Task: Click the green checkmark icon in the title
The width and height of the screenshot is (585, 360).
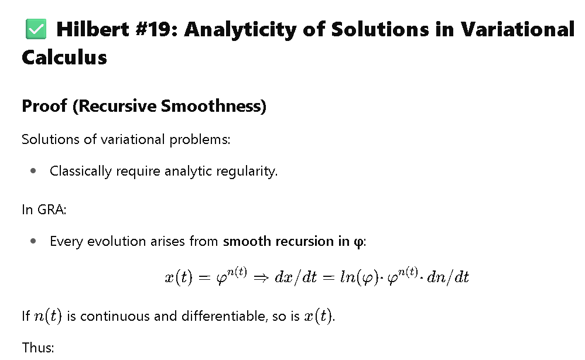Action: point(36,29)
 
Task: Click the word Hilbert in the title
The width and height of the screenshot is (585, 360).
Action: point(93,29)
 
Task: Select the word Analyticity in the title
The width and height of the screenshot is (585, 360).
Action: point(241,30)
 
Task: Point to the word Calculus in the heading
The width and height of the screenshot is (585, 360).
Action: point(64,57)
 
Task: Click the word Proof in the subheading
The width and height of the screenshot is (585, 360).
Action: point(45,106)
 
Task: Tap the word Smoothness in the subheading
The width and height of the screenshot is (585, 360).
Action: point(213,106)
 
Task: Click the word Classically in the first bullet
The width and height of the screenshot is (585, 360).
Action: point(81,172)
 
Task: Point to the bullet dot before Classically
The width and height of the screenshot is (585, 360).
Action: point(33,171)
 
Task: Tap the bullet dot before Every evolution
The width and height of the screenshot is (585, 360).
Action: point(33,241)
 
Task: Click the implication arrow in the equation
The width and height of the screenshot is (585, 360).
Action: point(261,277)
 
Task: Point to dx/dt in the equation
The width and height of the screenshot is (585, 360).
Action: point(296,277)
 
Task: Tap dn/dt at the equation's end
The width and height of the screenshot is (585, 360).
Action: point(448,277)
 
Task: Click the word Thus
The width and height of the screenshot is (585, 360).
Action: point(37,348)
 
